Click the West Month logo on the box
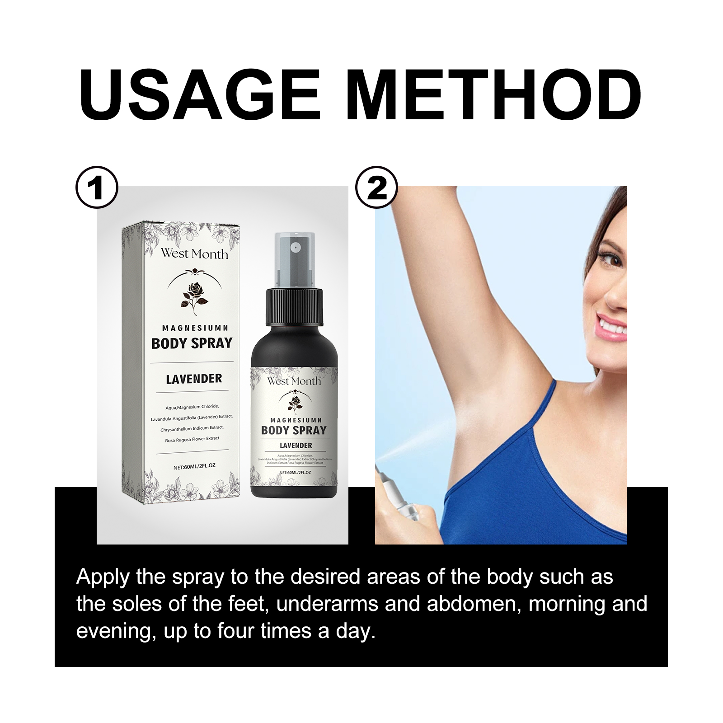pos(194,254)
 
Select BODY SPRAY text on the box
pos(192,343)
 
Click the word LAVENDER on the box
pos(194,379)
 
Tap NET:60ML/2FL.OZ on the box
pos(194,466)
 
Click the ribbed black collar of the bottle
pos(295,307)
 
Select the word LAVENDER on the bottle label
pos(296,446)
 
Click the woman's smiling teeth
pos(612,326)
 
